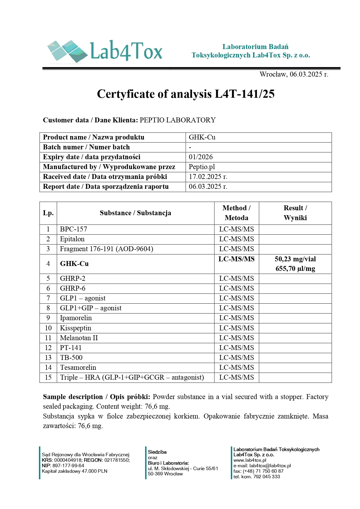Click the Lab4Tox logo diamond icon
67,51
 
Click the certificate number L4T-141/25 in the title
244,94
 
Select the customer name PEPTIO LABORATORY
178,120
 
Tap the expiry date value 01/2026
201,157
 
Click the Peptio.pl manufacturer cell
202,167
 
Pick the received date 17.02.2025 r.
208,177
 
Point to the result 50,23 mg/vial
295,259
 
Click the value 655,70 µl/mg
295,269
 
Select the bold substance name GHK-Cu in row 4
74,264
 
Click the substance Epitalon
72,239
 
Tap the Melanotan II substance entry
79,338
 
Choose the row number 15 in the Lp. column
48,377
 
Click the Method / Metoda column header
236,213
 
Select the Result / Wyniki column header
295,213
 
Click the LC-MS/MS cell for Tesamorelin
236,367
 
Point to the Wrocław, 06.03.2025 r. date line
294,74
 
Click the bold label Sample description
73,397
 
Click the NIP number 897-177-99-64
68,465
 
